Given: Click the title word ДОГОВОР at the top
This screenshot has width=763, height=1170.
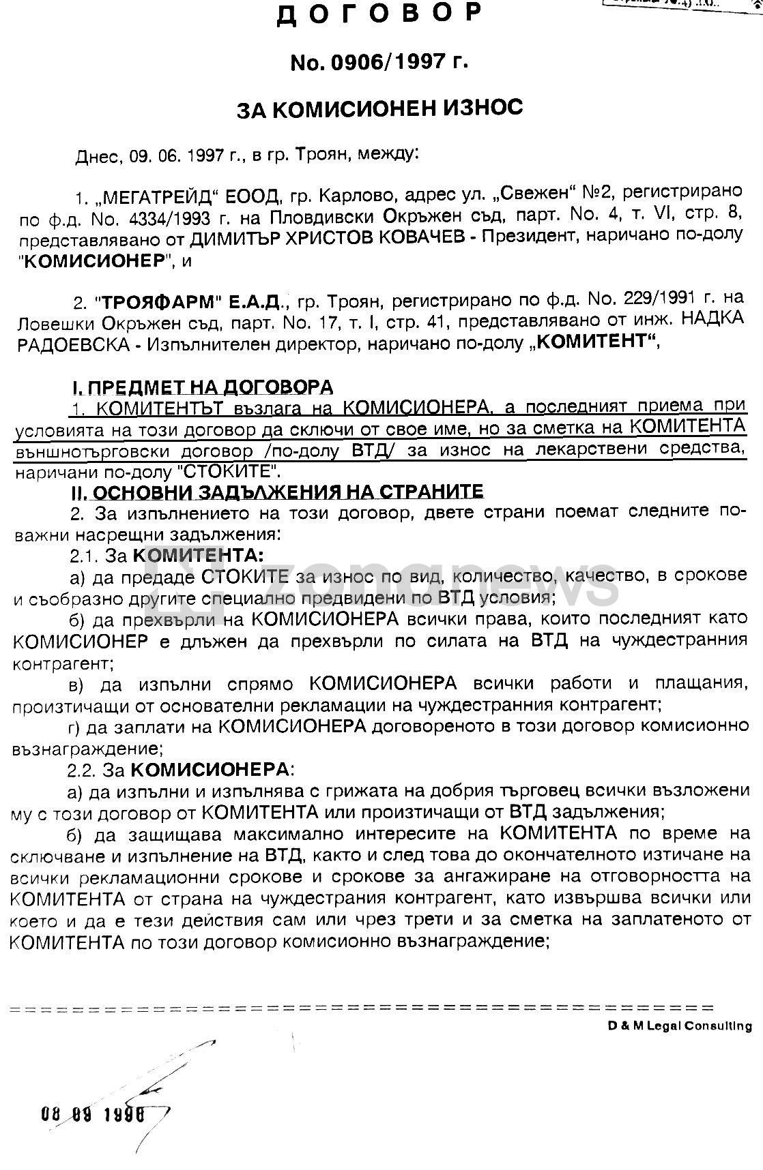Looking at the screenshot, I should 379,15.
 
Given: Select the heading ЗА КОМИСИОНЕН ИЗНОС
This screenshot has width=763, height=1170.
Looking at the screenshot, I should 379,108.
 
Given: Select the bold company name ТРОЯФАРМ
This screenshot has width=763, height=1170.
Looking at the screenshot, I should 154,300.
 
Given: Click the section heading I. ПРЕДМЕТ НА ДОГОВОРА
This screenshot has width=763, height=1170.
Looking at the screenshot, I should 203,387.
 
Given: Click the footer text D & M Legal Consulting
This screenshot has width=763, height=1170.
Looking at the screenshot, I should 680,1025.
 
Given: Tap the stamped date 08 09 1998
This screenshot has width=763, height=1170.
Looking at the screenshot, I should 93,1114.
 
